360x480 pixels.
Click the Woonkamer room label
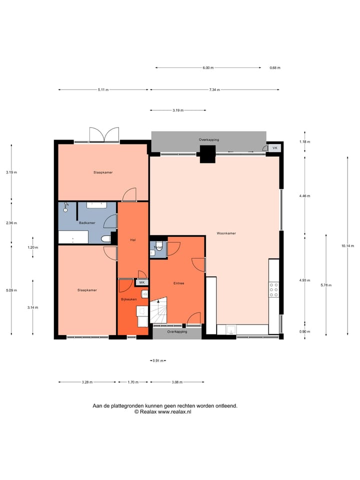(226, 233)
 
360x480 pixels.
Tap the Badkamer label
(87, 222)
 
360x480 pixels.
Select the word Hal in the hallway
(133, 240)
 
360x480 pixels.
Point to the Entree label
(178, 283)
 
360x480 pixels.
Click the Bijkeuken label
(128, 299)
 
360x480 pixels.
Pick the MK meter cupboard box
(141, 282)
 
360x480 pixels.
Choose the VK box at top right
(275, 148)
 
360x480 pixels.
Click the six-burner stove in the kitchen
(274, 290)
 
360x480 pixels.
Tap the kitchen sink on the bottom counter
(231, 329)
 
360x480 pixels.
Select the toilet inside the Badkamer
(105, 239)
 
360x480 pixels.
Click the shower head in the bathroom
(65, 207)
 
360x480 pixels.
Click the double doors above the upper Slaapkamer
(103, 134)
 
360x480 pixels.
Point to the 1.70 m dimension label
(133, 382)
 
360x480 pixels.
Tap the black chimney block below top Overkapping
(207, 157)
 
